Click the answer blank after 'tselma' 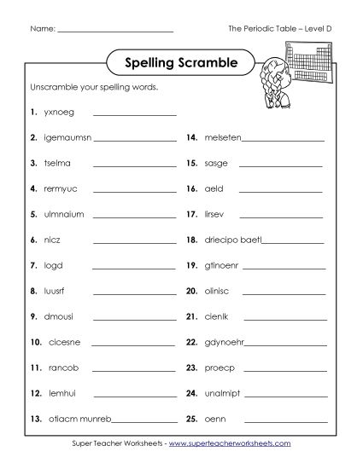click(x=134, y=165)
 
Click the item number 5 click(x=32, y=214)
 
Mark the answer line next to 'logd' click(x=134, y=267)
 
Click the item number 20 click(x=191, y=291)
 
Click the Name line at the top click(x=116, y=31)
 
